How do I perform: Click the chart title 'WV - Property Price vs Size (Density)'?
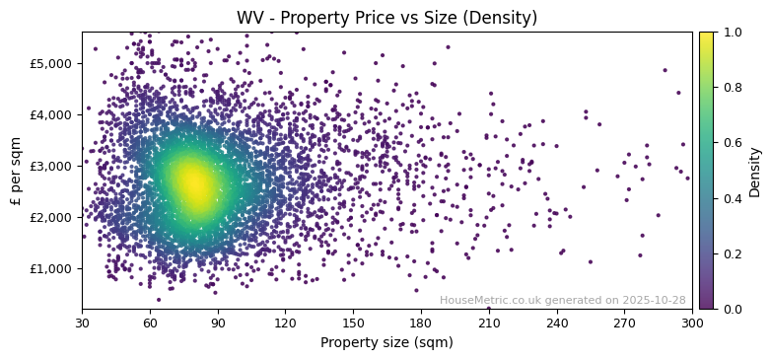coord(386,18)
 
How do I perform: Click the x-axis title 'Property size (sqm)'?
coord(386,343)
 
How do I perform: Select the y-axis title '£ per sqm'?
coord(16,171)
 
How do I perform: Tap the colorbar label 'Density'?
coord(755,171)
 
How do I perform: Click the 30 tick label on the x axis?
coord(82,324)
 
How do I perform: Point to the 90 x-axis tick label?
coord(218,324)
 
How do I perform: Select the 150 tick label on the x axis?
coord(353,324)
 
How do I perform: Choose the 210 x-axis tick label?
coord(489,324)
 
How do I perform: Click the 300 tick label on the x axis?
coord(692,324)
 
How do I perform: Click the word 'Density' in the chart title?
coord(504,18)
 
